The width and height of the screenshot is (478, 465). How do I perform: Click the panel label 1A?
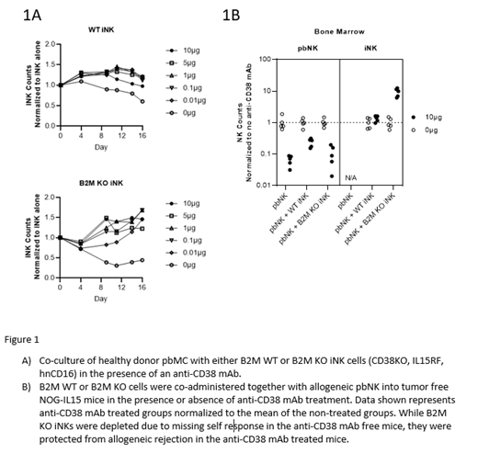[32, 15]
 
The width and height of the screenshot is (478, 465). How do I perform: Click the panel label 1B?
[232, 15]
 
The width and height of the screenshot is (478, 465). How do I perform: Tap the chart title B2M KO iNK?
[98, 184]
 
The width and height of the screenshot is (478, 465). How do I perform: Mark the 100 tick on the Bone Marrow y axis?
[265, 60]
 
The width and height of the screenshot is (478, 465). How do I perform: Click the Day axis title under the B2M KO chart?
[100, 299]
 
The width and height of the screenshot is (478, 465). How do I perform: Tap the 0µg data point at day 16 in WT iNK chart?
[142, 101]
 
